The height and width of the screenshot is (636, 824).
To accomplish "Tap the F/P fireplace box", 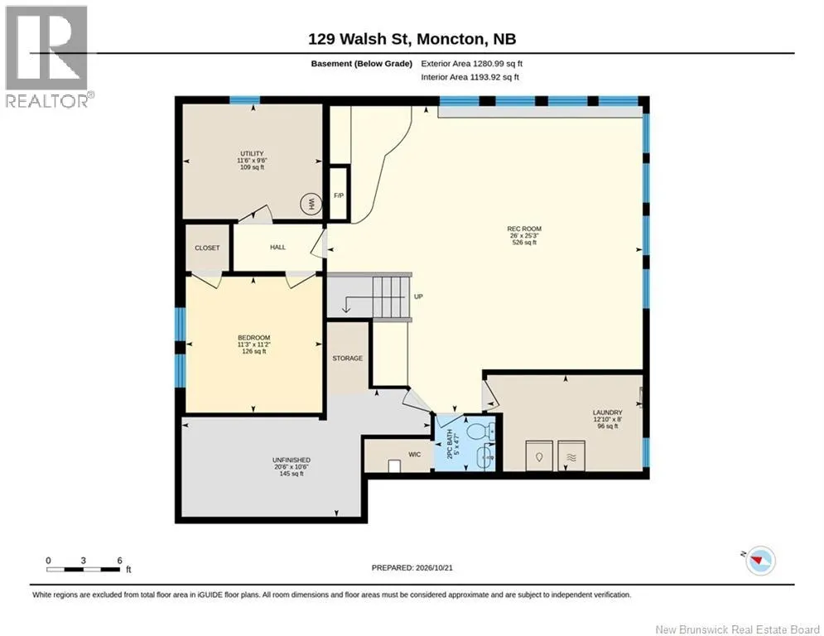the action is click(x=339, y=194).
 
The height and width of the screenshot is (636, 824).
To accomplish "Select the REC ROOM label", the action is click(x=524, y=229).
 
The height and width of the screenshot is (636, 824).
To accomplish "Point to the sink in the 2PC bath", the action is click(x=485, y=457).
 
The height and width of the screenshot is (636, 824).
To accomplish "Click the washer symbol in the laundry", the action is click(x=539, y=455).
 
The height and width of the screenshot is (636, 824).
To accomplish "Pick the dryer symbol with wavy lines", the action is click(x=571, y=455).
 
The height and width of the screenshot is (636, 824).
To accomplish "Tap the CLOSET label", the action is click(x=207, y=248).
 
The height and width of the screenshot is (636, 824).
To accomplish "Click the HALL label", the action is click(x=277, y=247).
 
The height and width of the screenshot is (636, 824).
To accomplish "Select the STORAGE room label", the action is click(x=347, y=358).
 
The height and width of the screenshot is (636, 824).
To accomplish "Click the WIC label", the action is click(x=415, y=454).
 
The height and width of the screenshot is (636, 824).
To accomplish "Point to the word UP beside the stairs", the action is click(x=418, y=296).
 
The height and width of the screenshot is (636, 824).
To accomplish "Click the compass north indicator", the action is click(x=760, y=561).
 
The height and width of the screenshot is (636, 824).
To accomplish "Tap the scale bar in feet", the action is click(x=84, y=569).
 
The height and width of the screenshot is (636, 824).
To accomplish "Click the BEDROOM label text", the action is click(x=253, y=337).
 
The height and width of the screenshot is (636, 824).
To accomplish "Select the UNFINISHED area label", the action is click(x=292, y=460).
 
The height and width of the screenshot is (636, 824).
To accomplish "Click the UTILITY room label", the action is click(x=252, y=153).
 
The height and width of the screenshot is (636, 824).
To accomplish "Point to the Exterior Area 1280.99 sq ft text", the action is click(x=471, y=64).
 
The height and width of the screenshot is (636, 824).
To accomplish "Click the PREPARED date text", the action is click(x=412, y=567).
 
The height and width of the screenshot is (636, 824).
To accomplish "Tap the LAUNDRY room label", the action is click(x=608, y=412).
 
